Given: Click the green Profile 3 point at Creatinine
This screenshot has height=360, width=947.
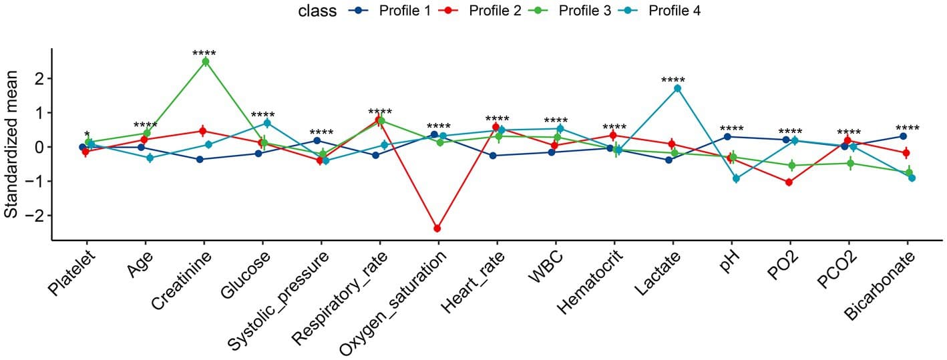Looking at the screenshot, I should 206,61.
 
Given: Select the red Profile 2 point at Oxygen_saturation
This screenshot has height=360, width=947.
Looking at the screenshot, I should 437,228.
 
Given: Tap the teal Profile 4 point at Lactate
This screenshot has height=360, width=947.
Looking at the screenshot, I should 677,88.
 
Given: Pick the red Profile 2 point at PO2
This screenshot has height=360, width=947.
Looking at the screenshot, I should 789,182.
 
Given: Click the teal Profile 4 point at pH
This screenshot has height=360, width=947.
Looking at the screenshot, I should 736,178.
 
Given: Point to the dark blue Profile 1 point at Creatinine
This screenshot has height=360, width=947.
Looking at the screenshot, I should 200,159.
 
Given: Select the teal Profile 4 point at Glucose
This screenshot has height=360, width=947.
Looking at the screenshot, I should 267,123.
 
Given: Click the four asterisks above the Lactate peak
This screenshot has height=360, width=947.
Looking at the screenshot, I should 673,81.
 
